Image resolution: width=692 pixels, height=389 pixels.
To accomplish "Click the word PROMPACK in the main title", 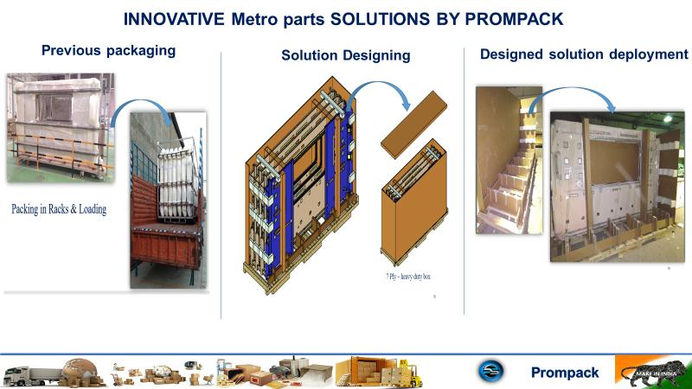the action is pos(514,19).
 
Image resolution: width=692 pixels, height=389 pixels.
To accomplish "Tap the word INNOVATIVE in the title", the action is pos(174,19).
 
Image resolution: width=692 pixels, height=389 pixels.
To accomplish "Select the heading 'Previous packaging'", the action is pos(109,51).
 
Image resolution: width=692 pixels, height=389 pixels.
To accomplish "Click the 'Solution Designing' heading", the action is pos(346,55).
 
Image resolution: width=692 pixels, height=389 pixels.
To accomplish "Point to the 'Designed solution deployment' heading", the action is pos(584,54).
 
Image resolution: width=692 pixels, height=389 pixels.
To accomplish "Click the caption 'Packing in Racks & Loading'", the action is pos(59,208).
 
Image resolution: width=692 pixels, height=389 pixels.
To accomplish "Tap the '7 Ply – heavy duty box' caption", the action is pos(408,277).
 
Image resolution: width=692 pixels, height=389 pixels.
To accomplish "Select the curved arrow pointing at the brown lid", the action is pos(380,84).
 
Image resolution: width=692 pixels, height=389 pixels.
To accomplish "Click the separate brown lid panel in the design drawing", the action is pos(413,124).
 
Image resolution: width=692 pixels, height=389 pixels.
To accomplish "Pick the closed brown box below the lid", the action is pos(414,202).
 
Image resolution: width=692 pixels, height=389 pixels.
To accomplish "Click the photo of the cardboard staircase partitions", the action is pos(509,160).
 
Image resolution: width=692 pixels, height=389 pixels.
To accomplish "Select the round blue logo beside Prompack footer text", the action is pos(490,371).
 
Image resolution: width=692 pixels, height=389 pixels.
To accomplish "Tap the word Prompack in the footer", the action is pos(565,373).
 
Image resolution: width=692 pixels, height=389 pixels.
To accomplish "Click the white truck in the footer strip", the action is pos(32,375).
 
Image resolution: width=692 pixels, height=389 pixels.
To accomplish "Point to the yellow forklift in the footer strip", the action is pos(410,374).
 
